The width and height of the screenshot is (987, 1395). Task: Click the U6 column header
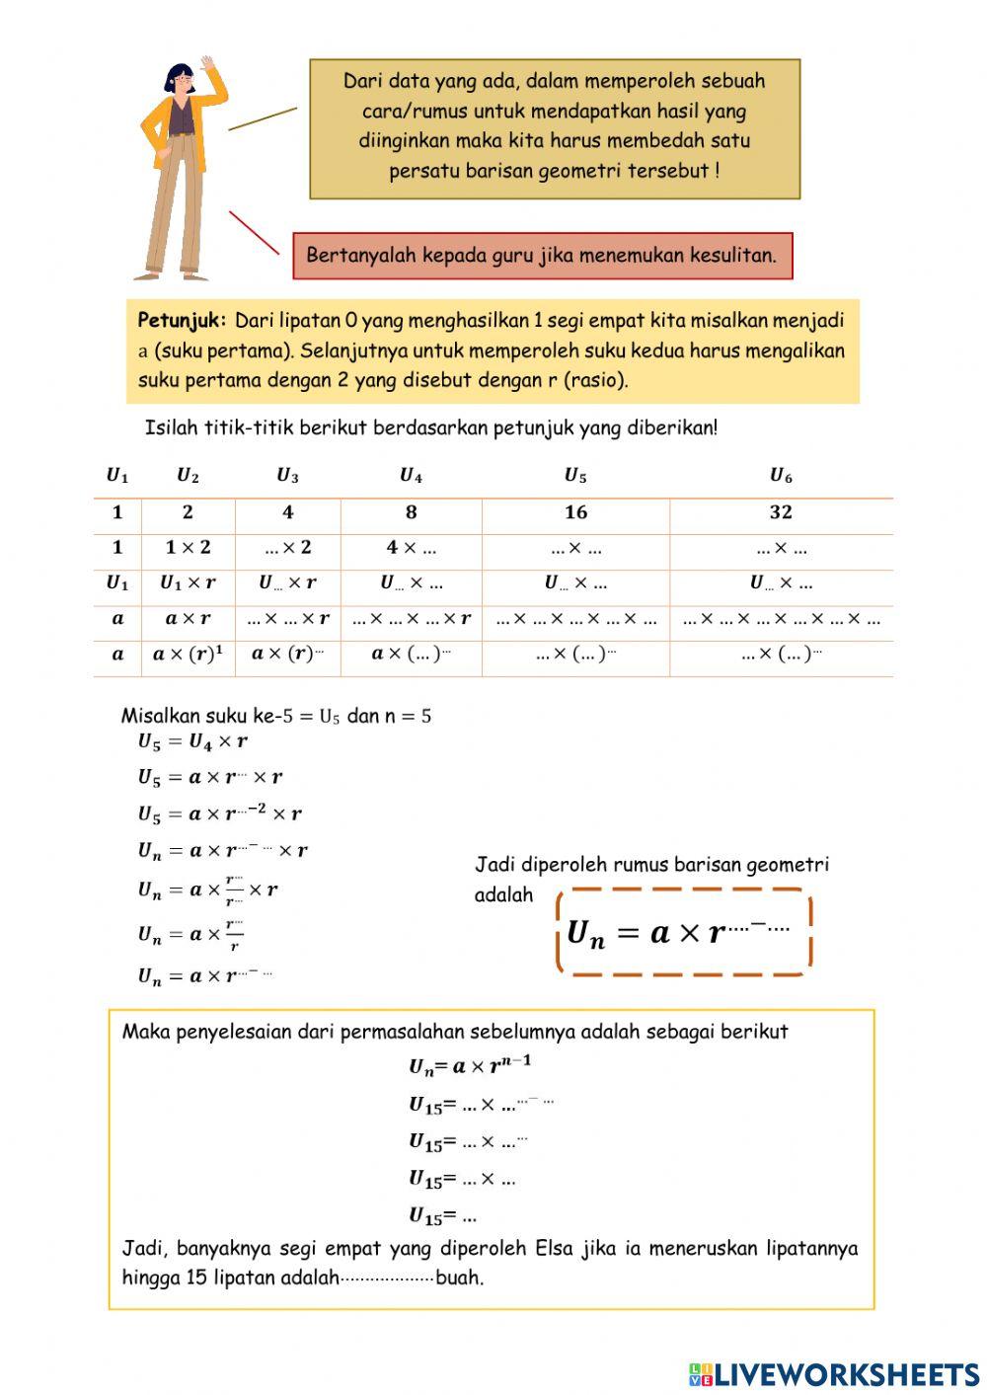[x=781, y=476]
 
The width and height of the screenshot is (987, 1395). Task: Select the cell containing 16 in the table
[x=575, y=512]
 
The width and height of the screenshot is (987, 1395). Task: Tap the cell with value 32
[x=781, y=512]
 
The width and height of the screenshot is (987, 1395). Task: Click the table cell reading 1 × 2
[x=188, y=548]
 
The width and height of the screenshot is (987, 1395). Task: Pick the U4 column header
[x=411, y=476]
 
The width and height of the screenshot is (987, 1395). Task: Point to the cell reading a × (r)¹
[x=188, y=654]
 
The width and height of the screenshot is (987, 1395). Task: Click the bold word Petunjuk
[x=182, y=321]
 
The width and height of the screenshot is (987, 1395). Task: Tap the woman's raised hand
[x=208, y=64]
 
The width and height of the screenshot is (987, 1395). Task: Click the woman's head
[x=180, y=79]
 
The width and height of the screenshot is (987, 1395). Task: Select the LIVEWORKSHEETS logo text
[x=846, y=1374]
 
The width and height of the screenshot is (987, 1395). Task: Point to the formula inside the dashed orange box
[x=679, y=932]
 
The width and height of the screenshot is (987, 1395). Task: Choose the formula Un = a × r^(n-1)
[x=470, y=1066]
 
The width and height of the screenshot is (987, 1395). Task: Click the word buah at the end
[x=459, y=1278]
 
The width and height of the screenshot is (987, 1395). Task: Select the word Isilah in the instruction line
[x=172, y=428]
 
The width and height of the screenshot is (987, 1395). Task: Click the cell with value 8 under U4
[x=411, y=512]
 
